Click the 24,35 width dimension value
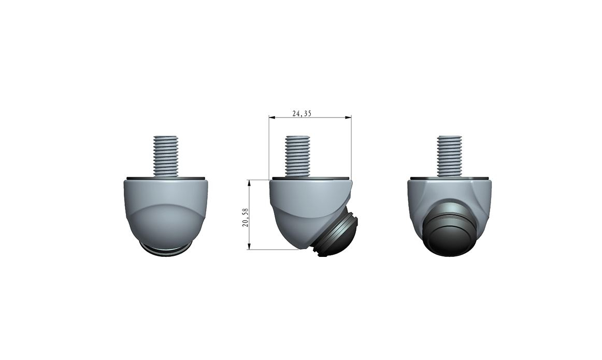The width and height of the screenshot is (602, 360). (x=302, y=113)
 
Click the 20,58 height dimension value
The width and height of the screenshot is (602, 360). (x=246, y=218)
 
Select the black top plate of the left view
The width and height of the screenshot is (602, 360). (x=166, y=178)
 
